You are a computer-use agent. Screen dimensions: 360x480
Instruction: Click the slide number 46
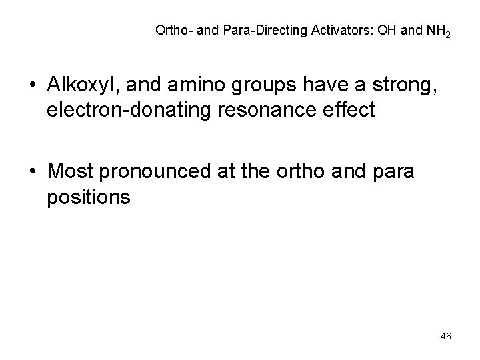pyautogui.click(x=446, y=337)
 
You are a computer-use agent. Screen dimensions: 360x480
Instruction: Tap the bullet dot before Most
pyautogui.click(x=33, y=173)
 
